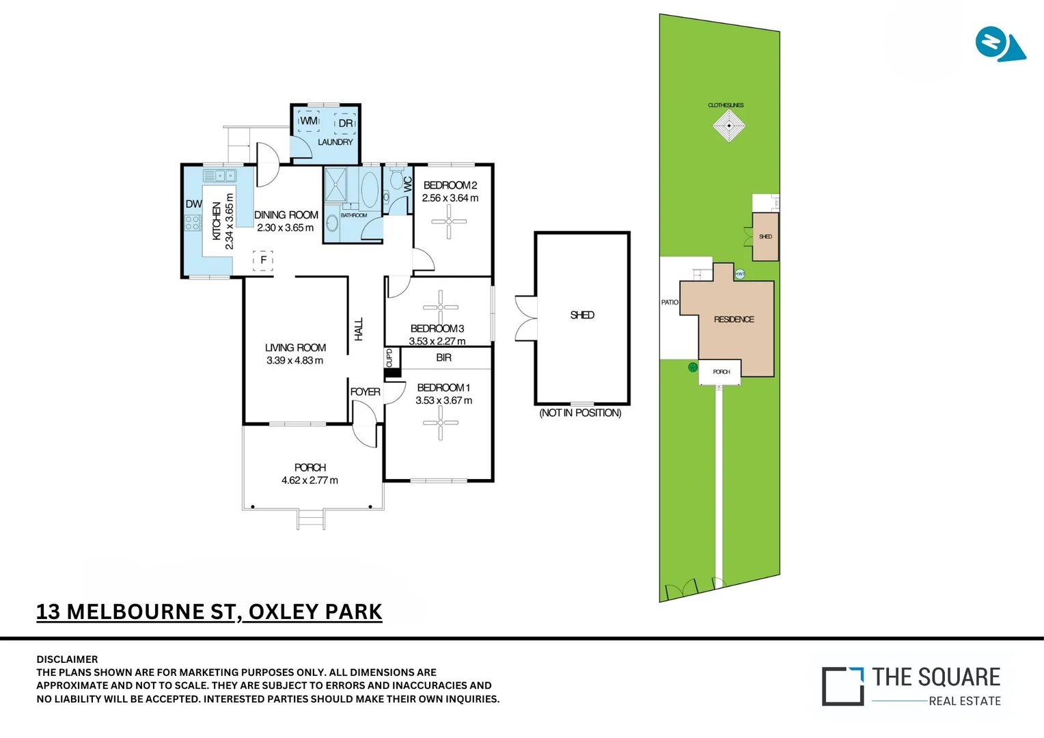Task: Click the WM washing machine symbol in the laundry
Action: pyautogui.click(x=309, y=121)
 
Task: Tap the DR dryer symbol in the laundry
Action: pyautogui.click(x=346, y=123)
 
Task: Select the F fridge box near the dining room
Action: pyautogui.click(x=263, y=260)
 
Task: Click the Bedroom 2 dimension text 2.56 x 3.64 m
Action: pyautogui.click(x=450, y=198)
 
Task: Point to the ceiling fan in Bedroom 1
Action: pyautogui.click(x=440, y=422)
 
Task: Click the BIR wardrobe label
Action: pyautogui.click(x=444, y=357)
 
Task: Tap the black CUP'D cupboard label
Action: pyautogui.click(x=390, y=359)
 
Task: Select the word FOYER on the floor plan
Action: pyautogui.click(x=365, y=392)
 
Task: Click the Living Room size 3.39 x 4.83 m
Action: pyautogui.click(x=295, y=360)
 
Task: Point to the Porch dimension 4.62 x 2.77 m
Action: pyautogui.click(x=310, y=480)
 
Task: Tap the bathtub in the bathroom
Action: pyautogui.click(x=369, y=189)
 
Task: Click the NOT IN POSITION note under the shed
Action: pyautogui.click(x=580, y=413)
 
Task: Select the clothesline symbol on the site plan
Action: pyautogui.click(x=729, y=126)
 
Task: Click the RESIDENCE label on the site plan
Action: pyautogui.click(x=734, y=319)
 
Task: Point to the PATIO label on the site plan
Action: pyautogui.click(x=670, y=302)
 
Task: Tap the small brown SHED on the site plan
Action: pyautogui.click(x=765, y=236)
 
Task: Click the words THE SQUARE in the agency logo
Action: pyautogui.click(x=936, y=677)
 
